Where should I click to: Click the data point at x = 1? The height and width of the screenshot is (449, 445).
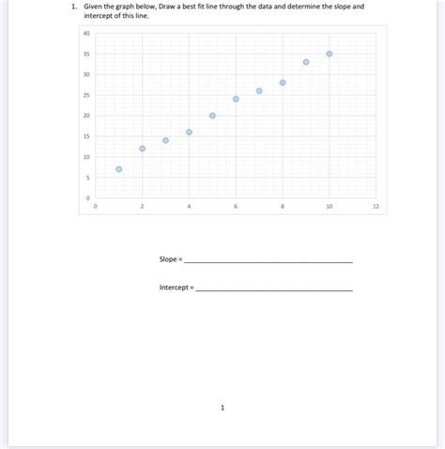click(x=119, y=169)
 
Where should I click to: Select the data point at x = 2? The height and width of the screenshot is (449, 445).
click(x=143, y=148)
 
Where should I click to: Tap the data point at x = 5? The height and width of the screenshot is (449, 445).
click(x=212, y=116)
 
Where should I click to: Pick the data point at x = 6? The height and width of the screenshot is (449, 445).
click(x=236, y=99)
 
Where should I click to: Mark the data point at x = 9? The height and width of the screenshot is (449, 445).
click(x=306, y=62)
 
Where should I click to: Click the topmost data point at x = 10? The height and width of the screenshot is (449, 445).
click(x=330, y=54)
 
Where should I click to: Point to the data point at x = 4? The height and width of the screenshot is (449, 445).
click(x=189, y=132)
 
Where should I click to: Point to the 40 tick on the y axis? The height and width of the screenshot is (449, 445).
click(x=86, y=33)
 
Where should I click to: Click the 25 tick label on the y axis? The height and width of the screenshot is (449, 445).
click(x=86, y=95)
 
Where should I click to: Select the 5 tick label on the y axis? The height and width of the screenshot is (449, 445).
click(x=87, y=178)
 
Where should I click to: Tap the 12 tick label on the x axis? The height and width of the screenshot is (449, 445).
click(x=376, y=205)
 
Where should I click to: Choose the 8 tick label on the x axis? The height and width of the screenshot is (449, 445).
click(x=283, y=205)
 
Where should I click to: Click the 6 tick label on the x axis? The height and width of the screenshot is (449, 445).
click(x=236, y=205)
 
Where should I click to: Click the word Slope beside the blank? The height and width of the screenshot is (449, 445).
click(x=169, y=259)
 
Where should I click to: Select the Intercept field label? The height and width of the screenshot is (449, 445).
click(x=174, y=286)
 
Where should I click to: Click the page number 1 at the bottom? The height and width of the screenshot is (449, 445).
click(x=222, y=408)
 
